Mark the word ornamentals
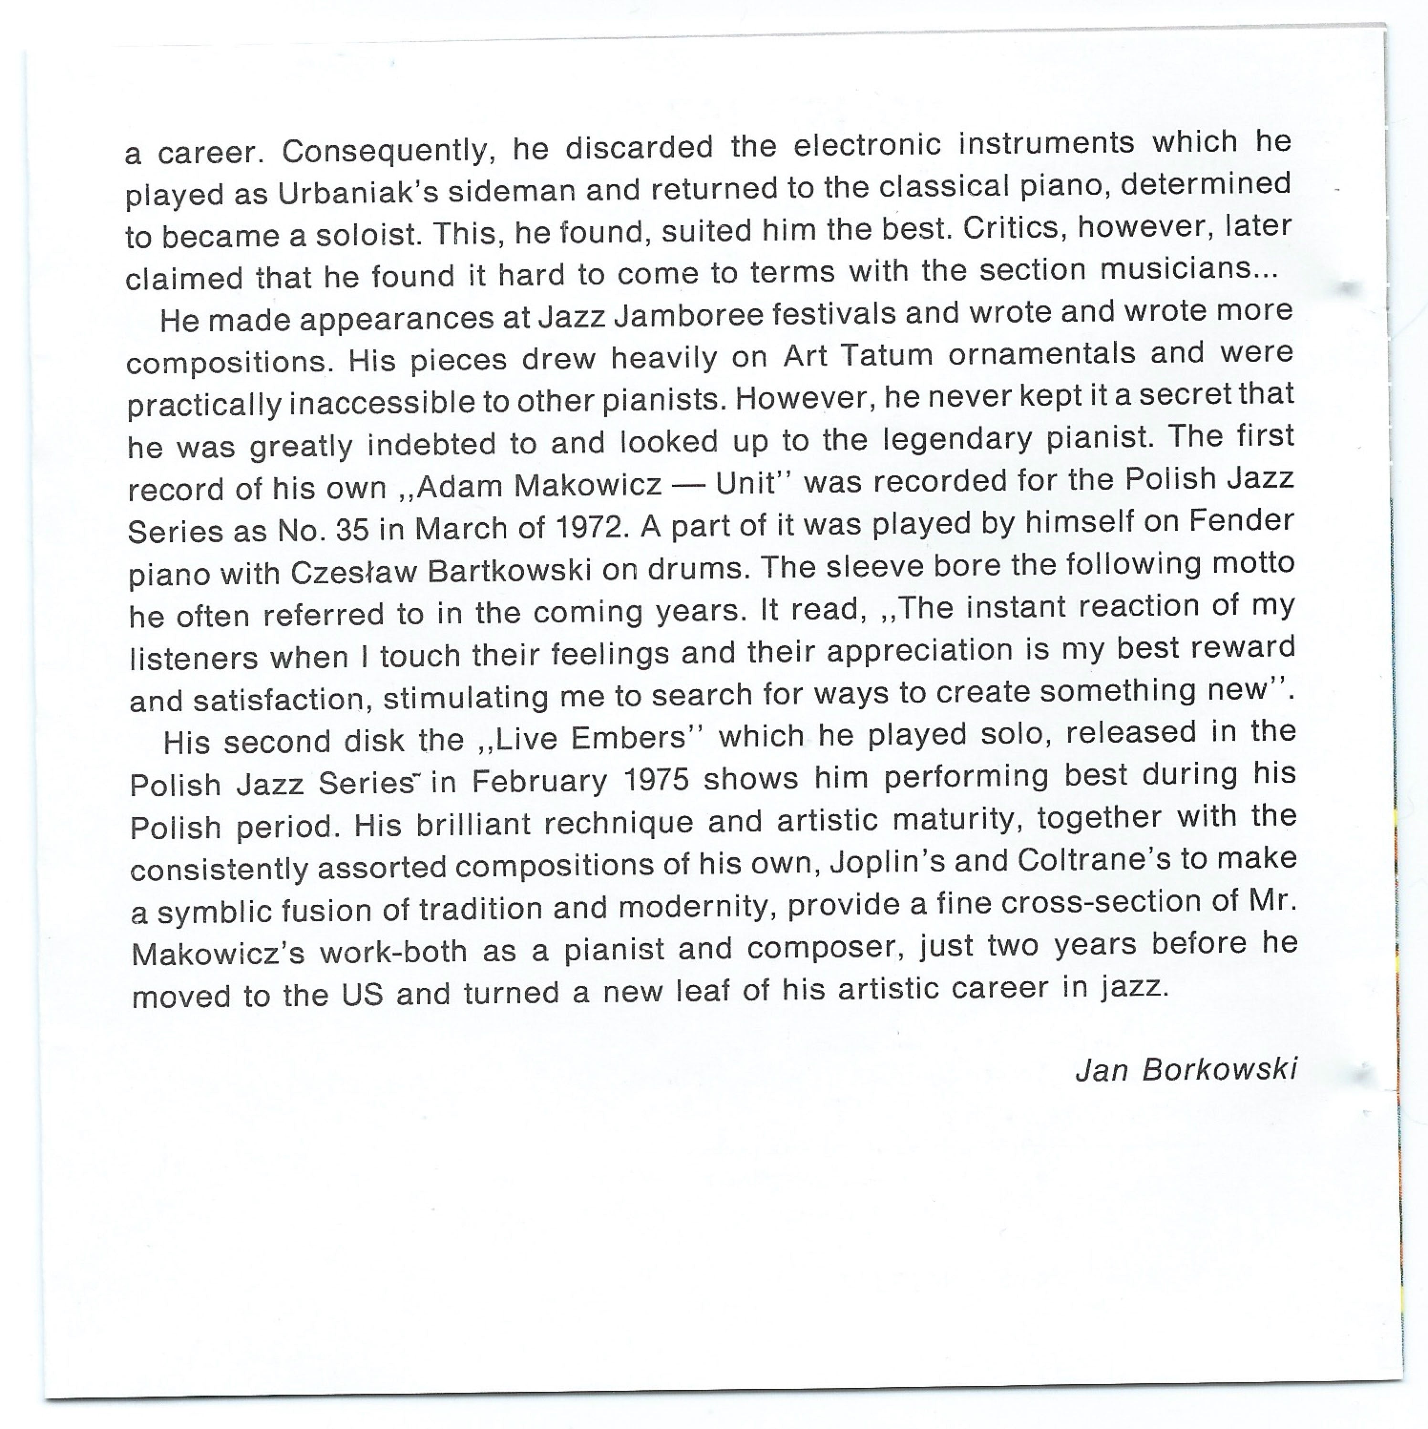1041,354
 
